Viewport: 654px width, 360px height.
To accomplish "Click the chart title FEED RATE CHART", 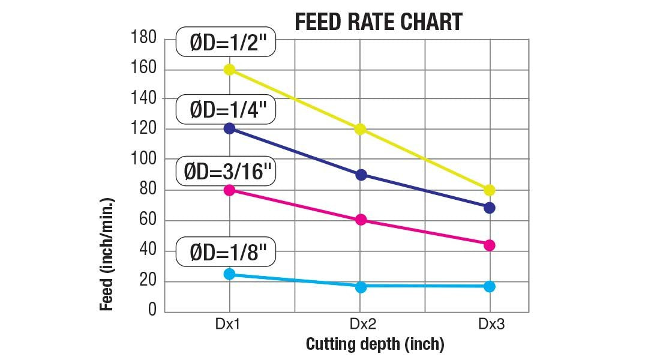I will [x=379, y=22].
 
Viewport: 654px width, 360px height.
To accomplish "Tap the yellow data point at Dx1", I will [x=229, y=70].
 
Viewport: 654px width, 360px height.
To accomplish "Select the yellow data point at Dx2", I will [x=361, y=129].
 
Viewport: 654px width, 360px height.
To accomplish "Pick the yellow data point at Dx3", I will [x=490, y=190].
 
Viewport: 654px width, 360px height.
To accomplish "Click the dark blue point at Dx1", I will [x=229, y=128].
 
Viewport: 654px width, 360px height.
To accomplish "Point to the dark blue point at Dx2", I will [x=361, y=175].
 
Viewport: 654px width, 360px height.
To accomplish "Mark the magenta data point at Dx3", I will [x=490, y=245].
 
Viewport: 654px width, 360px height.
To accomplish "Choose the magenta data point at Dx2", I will [x=361, y=220].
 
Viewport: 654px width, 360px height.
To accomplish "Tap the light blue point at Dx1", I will [x=229, y=274].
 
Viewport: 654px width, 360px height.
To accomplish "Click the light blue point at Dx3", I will [x=490, y=286].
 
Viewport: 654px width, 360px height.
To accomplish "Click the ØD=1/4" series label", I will [x=226, y=110].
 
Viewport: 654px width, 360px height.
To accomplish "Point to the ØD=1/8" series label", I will [x=226, y=253].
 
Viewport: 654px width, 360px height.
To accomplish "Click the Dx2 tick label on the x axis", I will [x=362, y=325].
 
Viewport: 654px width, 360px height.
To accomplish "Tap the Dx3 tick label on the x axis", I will [x=491, y=325].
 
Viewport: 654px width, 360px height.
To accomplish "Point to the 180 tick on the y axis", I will [x=143, y=38].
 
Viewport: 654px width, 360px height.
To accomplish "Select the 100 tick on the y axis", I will [x=143, y=159].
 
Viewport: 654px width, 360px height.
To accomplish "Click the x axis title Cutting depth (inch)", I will [x=375, y=344].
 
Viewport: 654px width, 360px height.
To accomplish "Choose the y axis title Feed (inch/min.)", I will [x=107, y=254].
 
